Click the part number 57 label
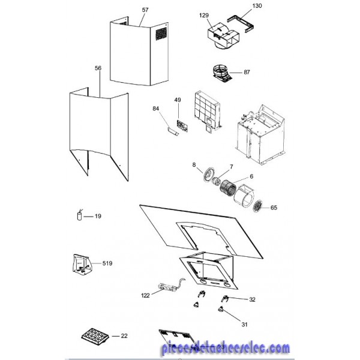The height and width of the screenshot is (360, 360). [145, 10]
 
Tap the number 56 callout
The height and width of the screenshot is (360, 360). [98, 68]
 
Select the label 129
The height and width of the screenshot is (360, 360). [204, 16]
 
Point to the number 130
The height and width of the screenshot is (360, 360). [257, 6]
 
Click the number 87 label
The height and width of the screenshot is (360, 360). [247, 72]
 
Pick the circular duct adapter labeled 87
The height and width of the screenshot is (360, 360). [221, 73]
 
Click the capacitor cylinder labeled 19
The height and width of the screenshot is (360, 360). [79, 216]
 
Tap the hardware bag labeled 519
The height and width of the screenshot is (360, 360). [82, 264]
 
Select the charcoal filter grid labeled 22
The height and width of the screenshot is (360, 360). [95, 336]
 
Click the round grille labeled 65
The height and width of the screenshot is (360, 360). [257, 206]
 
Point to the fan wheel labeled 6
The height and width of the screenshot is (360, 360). [228, 187]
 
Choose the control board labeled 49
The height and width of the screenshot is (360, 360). [182, 125]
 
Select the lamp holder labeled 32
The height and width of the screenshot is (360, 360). [224, 299]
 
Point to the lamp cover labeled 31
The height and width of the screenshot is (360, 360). [221, 310]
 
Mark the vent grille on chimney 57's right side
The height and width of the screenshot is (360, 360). [161, 34]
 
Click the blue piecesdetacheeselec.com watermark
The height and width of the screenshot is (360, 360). [226, 347]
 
